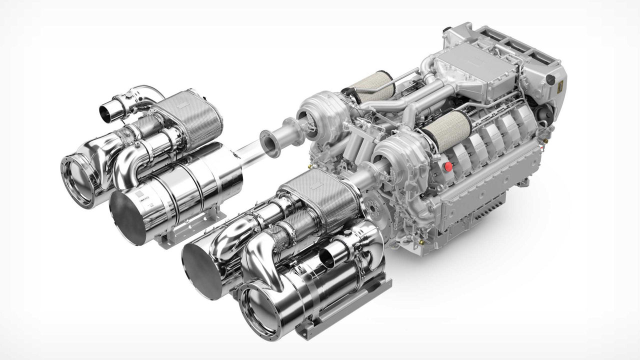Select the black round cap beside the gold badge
[550, 79]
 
